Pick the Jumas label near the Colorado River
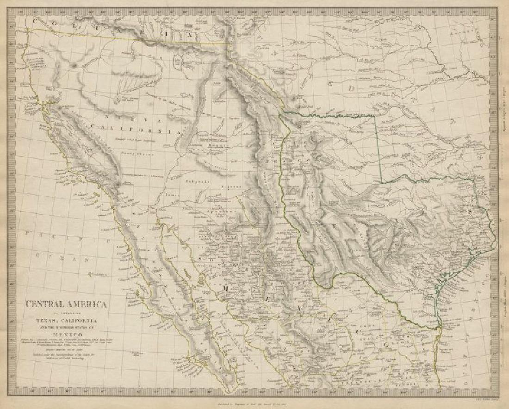[172, 195]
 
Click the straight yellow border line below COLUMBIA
[130, 37]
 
